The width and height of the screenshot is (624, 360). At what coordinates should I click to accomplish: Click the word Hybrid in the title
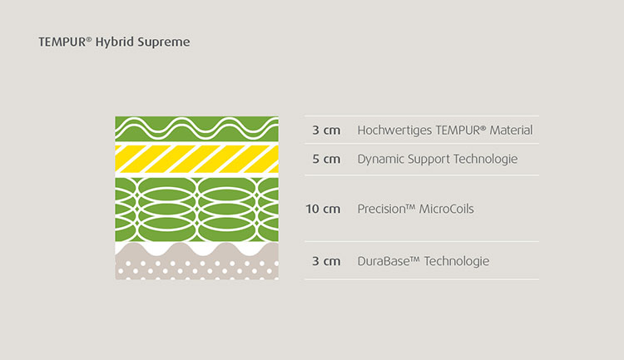coord(115,42)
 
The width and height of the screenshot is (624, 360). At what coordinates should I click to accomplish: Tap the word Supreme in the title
coord(164,42)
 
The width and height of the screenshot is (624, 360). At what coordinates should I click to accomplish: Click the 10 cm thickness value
coord(323,209)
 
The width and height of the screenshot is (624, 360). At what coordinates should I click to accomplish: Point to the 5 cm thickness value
coord(326,159)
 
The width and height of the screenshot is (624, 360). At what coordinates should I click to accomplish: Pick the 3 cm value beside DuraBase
coord(326,261)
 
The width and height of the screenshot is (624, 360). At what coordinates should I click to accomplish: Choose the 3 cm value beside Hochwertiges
coord(326,130)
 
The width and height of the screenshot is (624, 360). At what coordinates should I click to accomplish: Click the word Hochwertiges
coord(394,131)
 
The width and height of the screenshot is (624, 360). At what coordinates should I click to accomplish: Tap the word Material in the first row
coord(511,130)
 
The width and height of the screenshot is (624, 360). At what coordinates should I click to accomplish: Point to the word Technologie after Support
coord(486,160)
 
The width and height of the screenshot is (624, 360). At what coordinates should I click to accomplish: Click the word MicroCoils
coord(447,209)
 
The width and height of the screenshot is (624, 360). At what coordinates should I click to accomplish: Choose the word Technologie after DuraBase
coord(457,261)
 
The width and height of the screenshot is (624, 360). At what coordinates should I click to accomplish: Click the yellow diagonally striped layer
coord(197,159)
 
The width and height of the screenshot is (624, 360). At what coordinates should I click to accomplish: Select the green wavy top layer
coord(197,129)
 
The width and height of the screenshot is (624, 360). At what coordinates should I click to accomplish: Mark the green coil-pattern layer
coord(197,210)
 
